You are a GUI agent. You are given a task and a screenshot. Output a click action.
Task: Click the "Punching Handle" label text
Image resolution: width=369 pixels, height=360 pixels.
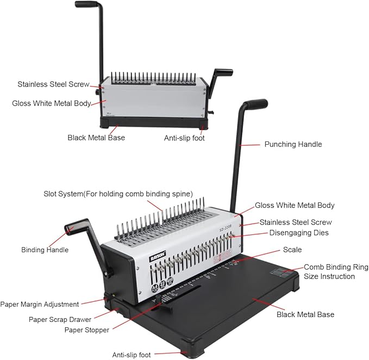293,144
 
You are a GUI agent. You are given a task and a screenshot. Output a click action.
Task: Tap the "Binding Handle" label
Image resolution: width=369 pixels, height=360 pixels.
45,250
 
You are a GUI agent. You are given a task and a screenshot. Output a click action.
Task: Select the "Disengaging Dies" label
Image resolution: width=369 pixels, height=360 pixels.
299,233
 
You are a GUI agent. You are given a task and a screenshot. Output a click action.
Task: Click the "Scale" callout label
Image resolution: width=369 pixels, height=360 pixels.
292,250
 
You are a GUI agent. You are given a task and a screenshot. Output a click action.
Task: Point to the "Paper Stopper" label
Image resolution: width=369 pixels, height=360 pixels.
87,330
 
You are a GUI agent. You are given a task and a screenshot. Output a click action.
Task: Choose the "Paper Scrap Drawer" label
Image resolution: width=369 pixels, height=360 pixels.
60,319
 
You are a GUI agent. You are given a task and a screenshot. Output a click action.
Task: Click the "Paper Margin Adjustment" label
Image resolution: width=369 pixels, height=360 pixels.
40,304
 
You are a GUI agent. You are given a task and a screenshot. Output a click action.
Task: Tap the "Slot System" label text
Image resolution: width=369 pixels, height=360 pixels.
118,194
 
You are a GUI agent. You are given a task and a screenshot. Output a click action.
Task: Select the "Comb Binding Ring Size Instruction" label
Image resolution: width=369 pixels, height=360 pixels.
336,272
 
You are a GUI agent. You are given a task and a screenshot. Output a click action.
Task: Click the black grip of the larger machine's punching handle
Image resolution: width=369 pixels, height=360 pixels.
254,104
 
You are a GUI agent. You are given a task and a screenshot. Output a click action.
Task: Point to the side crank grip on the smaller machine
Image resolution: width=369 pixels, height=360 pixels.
223,73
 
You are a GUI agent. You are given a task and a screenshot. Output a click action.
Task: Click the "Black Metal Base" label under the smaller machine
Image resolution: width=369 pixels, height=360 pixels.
96,138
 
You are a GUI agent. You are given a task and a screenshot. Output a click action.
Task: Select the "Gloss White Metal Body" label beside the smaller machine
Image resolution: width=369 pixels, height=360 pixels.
51,103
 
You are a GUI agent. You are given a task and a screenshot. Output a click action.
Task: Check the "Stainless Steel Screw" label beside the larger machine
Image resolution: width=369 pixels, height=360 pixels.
296,222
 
